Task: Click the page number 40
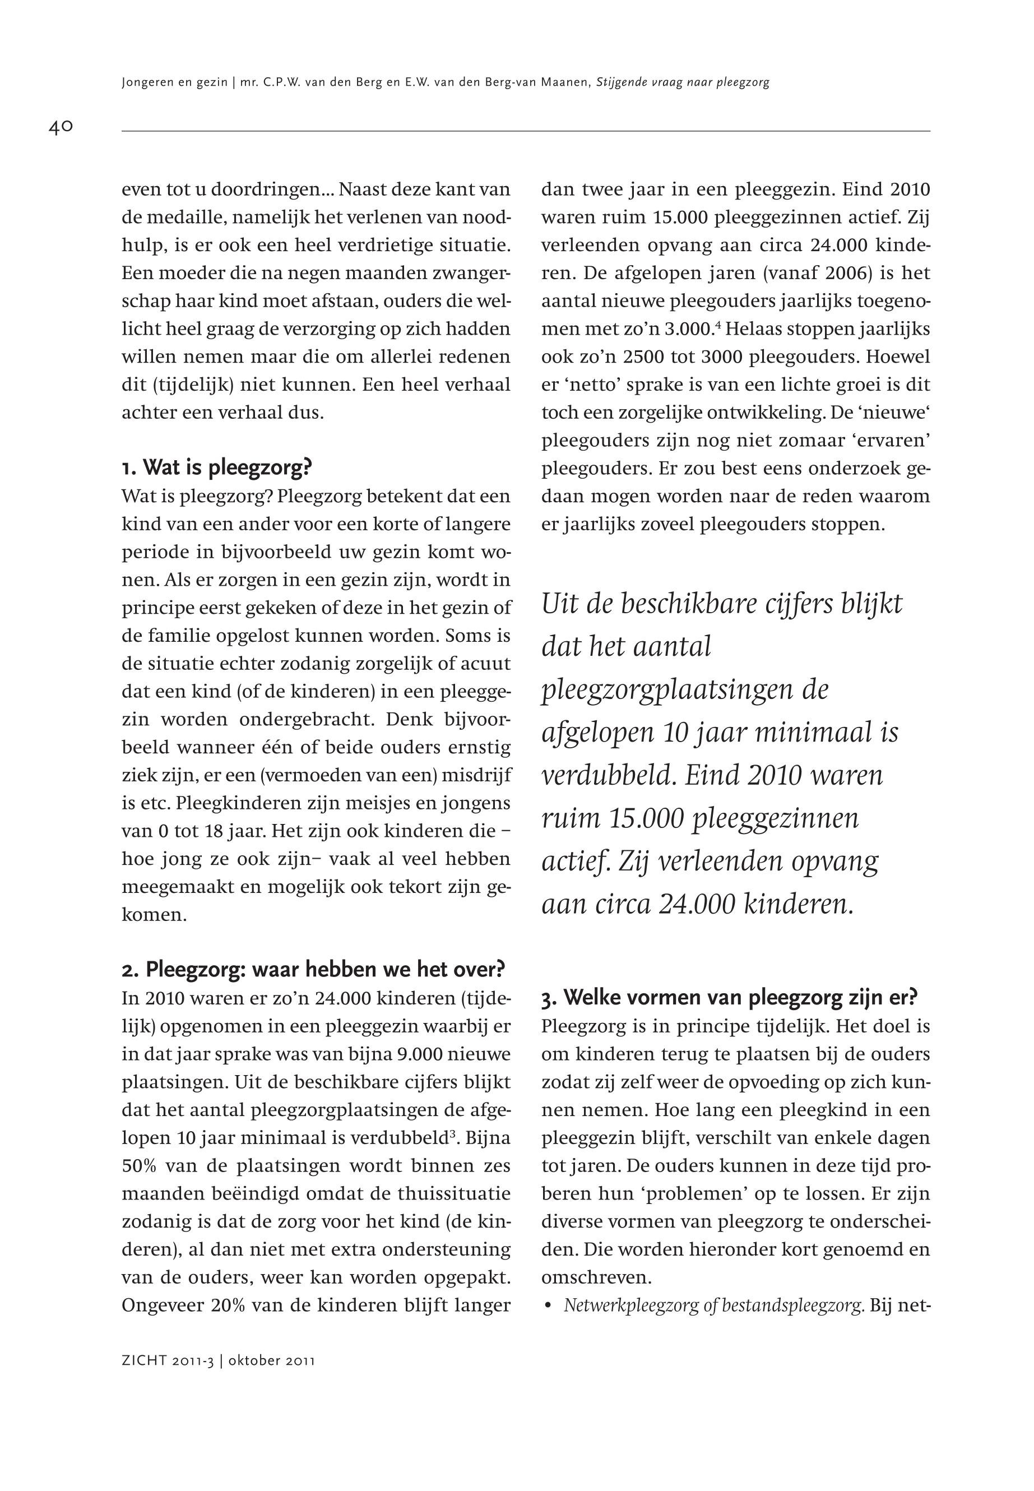pos(61,127)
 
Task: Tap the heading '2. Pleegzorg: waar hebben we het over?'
pos(313,969)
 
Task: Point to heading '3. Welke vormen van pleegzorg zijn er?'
pos(730,997)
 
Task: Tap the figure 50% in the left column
pos(138,1166)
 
